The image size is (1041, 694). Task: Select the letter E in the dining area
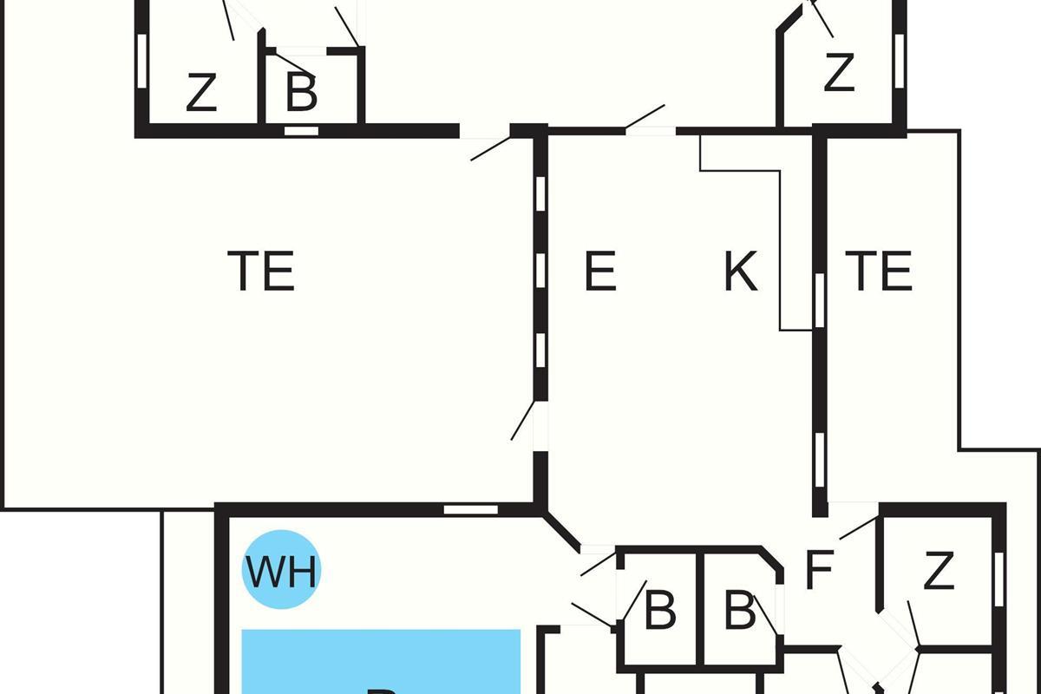click(x=600, y=271)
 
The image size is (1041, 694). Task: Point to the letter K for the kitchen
click(x=741, y=271)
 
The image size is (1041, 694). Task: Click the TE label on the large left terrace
click(x=261, y=271)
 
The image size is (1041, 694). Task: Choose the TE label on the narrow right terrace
click(x=880, y=271)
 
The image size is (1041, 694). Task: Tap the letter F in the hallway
click(x=819, y=570)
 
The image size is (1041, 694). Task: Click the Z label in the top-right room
click(x=839, y=73)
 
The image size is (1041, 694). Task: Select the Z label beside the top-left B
click(x=201, y=94)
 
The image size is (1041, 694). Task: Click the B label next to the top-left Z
click(x=301, y=94)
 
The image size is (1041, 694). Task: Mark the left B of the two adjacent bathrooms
click(x=660, y=611)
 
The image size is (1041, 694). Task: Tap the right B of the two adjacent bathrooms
click(x=740, y=611)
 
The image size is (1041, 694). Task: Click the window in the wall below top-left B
click(x=302, y=131)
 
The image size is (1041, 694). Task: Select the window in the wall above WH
click(x=471, y=509)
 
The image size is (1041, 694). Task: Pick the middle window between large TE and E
click(x=540, y=271)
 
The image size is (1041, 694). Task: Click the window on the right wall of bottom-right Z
click(x=998, y=569)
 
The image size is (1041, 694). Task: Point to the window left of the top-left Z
click(x=141, y=61)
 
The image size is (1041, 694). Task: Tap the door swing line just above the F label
click(x=859, y=527)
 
